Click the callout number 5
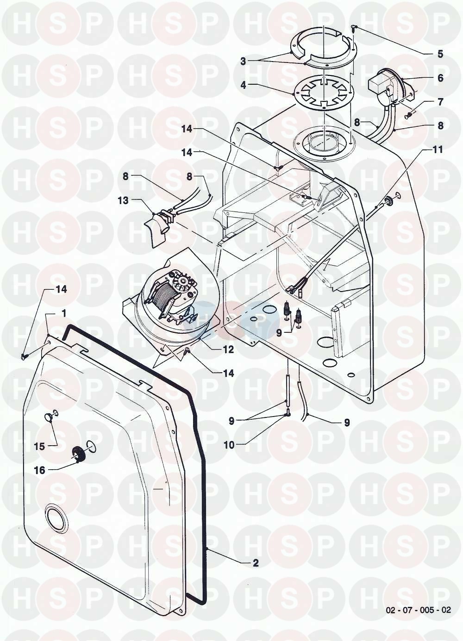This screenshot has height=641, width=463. (x=440, y=54)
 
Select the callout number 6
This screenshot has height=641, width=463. (x=440, y=78)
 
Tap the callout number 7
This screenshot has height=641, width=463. (x=440, y=102)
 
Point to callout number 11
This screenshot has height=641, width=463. (x=438, y=149)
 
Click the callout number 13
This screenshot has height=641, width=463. (x=123, y=200)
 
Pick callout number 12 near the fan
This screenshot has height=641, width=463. (x=229, y=350)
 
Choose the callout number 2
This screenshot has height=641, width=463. (x=255, y=563)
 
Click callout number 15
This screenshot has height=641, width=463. (x=39, y=447)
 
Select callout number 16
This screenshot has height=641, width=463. (x=39, y=470)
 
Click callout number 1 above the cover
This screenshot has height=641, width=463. (x=64, y=314)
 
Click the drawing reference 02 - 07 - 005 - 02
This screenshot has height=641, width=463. (x=418, y=610)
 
